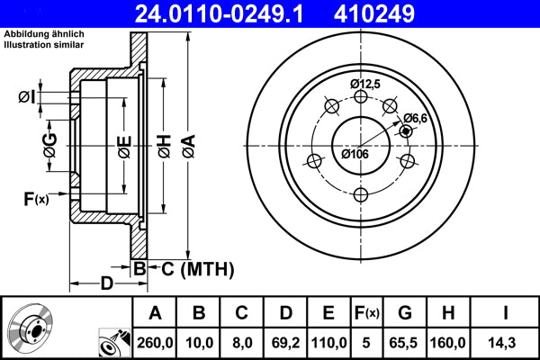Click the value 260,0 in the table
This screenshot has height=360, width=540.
click(154, 342)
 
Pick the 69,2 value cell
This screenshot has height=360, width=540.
click(285, 342)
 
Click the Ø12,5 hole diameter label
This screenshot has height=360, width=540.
click(366, 84)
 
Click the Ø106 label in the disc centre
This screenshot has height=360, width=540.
click(355, 153)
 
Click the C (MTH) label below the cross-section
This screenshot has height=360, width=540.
click(196, 268)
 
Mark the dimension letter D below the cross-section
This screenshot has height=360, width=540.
click(106, 285)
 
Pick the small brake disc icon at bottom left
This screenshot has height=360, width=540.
click(34, 329)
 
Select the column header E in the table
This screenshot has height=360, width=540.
click(329, 313)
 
